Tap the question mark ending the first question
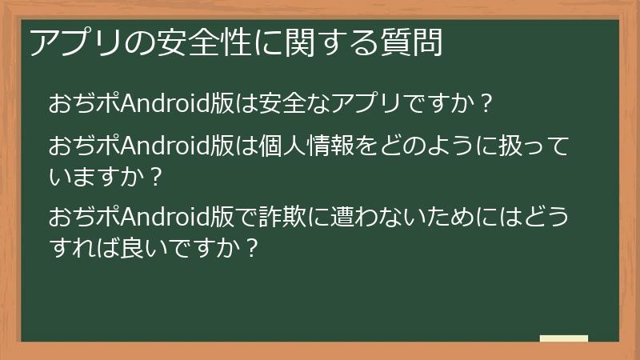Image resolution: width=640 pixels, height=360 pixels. (485, 104)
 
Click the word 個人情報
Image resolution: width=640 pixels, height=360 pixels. (299, 147)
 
